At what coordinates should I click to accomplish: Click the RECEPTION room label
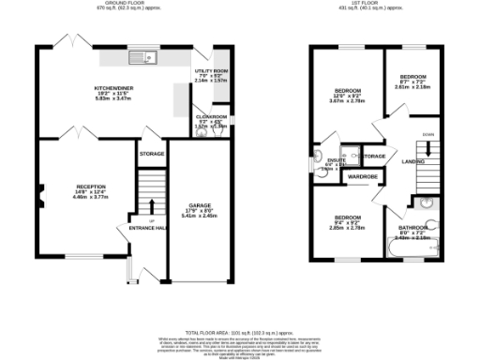(91, 187)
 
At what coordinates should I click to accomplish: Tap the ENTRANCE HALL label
(147, 228)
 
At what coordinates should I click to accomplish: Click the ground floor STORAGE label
(152, 153)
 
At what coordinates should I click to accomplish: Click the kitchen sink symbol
(146, 58)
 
